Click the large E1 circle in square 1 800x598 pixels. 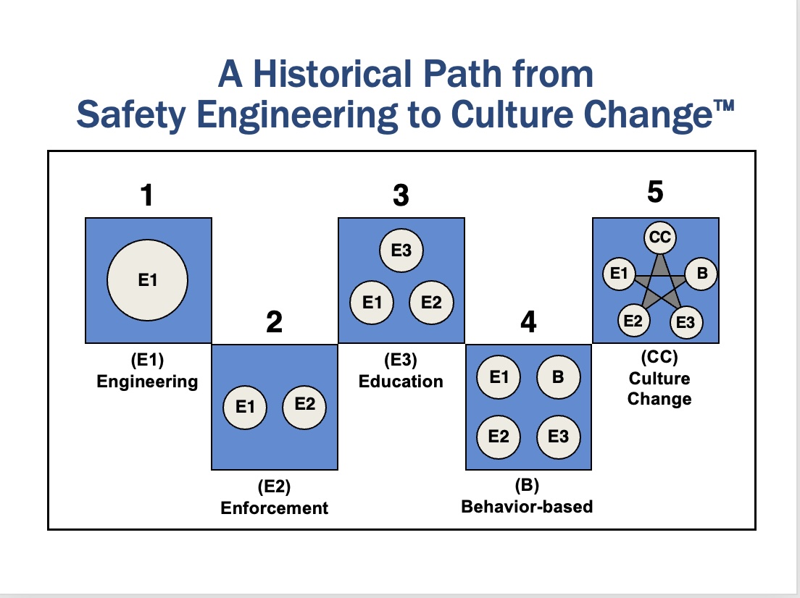[147, 280]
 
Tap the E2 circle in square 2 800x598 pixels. [304, 407]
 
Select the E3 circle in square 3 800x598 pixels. [401, 250]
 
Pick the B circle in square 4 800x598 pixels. [558, 376]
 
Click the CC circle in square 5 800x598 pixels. [659, 237]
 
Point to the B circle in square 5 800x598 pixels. [701, 274]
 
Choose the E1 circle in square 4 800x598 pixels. [499, 376]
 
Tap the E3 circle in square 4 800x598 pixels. [558, 437]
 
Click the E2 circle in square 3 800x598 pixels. [431, 303]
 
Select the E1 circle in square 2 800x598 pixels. [245, 407]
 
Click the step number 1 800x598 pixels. [147, 195]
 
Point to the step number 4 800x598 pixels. [528, 322]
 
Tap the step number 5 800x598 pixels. [655, 192]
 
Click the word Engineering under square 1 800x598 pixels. [147, 382]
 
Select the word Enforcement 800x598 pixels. [275, 508]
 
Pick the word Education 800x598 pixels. [401, 382]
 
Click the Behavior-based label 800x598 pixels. [527, 506]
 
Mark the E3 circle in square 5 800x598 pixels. [686, 322]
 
